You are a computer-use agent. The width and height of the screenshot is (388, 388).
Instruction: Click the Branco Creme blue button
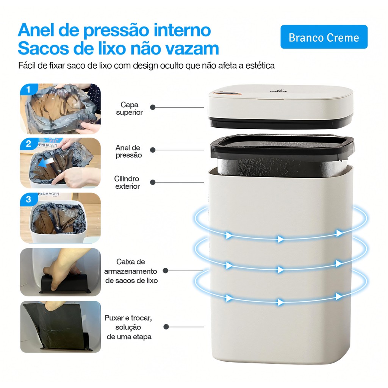[324, 37]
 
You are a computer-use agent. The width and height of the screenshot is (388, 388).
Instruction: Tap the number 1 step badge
[28, 89]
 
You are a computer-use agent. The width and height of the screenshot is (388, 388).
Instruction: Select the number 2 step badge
[29, 144]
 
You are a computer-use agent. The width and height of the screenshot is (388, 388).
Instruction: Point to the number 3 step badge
[29, 199]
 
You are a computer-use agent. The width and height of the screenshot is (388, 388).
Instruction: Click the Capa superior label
[129, 108]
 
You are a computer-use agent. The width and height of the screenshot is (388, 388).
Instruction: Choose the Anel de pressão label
[128, 151]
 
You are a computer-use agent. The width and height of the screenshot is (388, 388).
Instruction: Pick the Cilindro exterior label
[127, 182]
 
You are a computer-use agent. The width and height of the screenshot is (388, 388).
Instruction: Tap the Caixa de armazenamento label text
[131, 271]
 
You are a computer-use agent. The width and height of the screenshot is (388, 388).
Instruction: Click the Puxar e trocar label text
[128, 327]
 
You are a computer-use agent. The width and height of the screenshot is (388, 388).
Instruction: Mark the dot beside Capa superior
[153, 107]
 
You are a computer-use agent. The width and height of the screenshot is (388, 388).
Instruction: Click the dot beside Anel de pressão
[153, 150]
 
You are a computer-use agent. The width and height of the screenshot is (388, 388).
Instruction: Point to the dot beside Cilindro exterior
[153, 182]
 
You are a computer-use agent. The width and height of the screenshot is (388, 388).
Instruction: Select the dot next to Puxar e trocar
[166, 327]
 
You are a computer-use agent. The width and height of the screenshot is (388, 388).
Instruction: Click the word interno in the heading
[182, 30]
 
